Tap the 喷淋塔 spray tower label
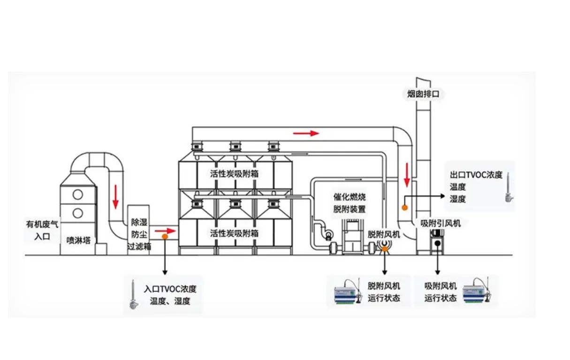click(x=79, y=240)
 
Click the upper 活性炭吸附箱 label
click(x=235, y=174)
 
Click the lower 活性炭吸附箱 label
click(x=235, y=233)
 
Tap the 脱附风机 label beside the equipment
click(x=384, y=234)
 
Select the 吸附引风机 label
click(x=441, y=223)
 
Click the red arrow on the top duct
click(x=306, y=133)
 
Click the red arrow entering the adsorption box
click(x=165, y=231)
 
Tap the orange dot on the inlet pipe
click(x=165, y=237)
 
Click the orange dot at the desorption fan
click(x=385, y=248)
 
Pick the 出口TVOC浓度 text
click(x=476, y=175)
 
